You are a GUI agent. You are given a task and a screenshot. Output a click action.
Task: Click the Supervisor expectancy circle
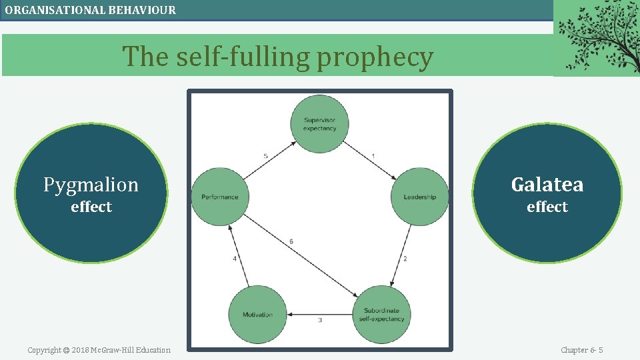pyautogui.click(x=319, y=124)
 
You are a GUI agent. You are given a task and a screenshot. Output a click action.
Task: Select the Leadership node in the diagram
pyautogui.click(x=419, y=197)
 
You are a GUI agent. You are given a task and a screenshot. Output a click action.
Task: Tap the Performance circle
pyautogui.click(x=219, y=197)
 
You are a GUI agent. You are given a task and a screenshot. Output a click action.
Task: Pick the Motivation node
pyautogui.click(x=257, y=315)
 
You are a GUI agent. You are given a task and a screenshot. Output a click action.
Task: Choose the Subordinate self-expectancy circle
pyautogui.click(x=382, y=315)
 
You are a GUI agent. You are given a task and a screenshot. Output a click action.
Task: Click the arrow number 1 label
pyautogui.click(x=373, y=156)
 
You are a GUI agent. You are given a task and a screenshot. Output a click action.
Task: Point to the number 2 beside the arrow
pyautogui.click(x=405, y=259)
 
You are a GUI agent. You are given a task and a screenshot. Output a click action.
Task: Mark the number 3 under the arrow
pyautogui.click(x=320, y=321)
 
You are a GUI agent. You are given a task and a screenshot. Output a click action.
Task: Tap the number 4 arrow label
pyautogui.click(x=235, y=259)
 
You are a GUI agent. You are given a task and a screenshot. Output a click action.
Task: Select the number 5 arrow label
pyautogui.click(x=265, y=156)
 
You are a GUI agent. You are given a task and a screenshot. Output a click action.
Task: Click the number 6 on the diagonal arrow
pyautogui.click(x=291, y=241)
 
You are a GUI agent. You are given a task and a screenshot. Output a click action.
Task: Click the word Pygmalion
pyautogui.click(x=91, y=185)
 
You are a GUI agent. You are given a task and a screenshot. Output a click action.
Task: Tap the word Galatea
pyautogui.click(x=547, y=185)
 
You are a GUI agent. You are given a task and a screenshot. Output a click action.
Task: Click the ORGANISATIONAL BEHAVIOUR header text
pyautogui.click(x=91, y=10)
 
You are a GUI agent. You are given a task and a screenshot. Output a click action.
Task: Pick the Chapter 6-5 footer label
pyautogui.click(x=581, y=350)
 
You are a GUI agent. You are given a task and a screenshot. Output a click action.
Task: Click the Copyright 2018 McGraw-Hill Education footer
pyautogui.click(x=99, y=350)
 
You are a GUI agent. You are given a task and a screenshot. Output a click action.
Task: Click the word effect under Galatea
pyautogui.click(x=547, y=207)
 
